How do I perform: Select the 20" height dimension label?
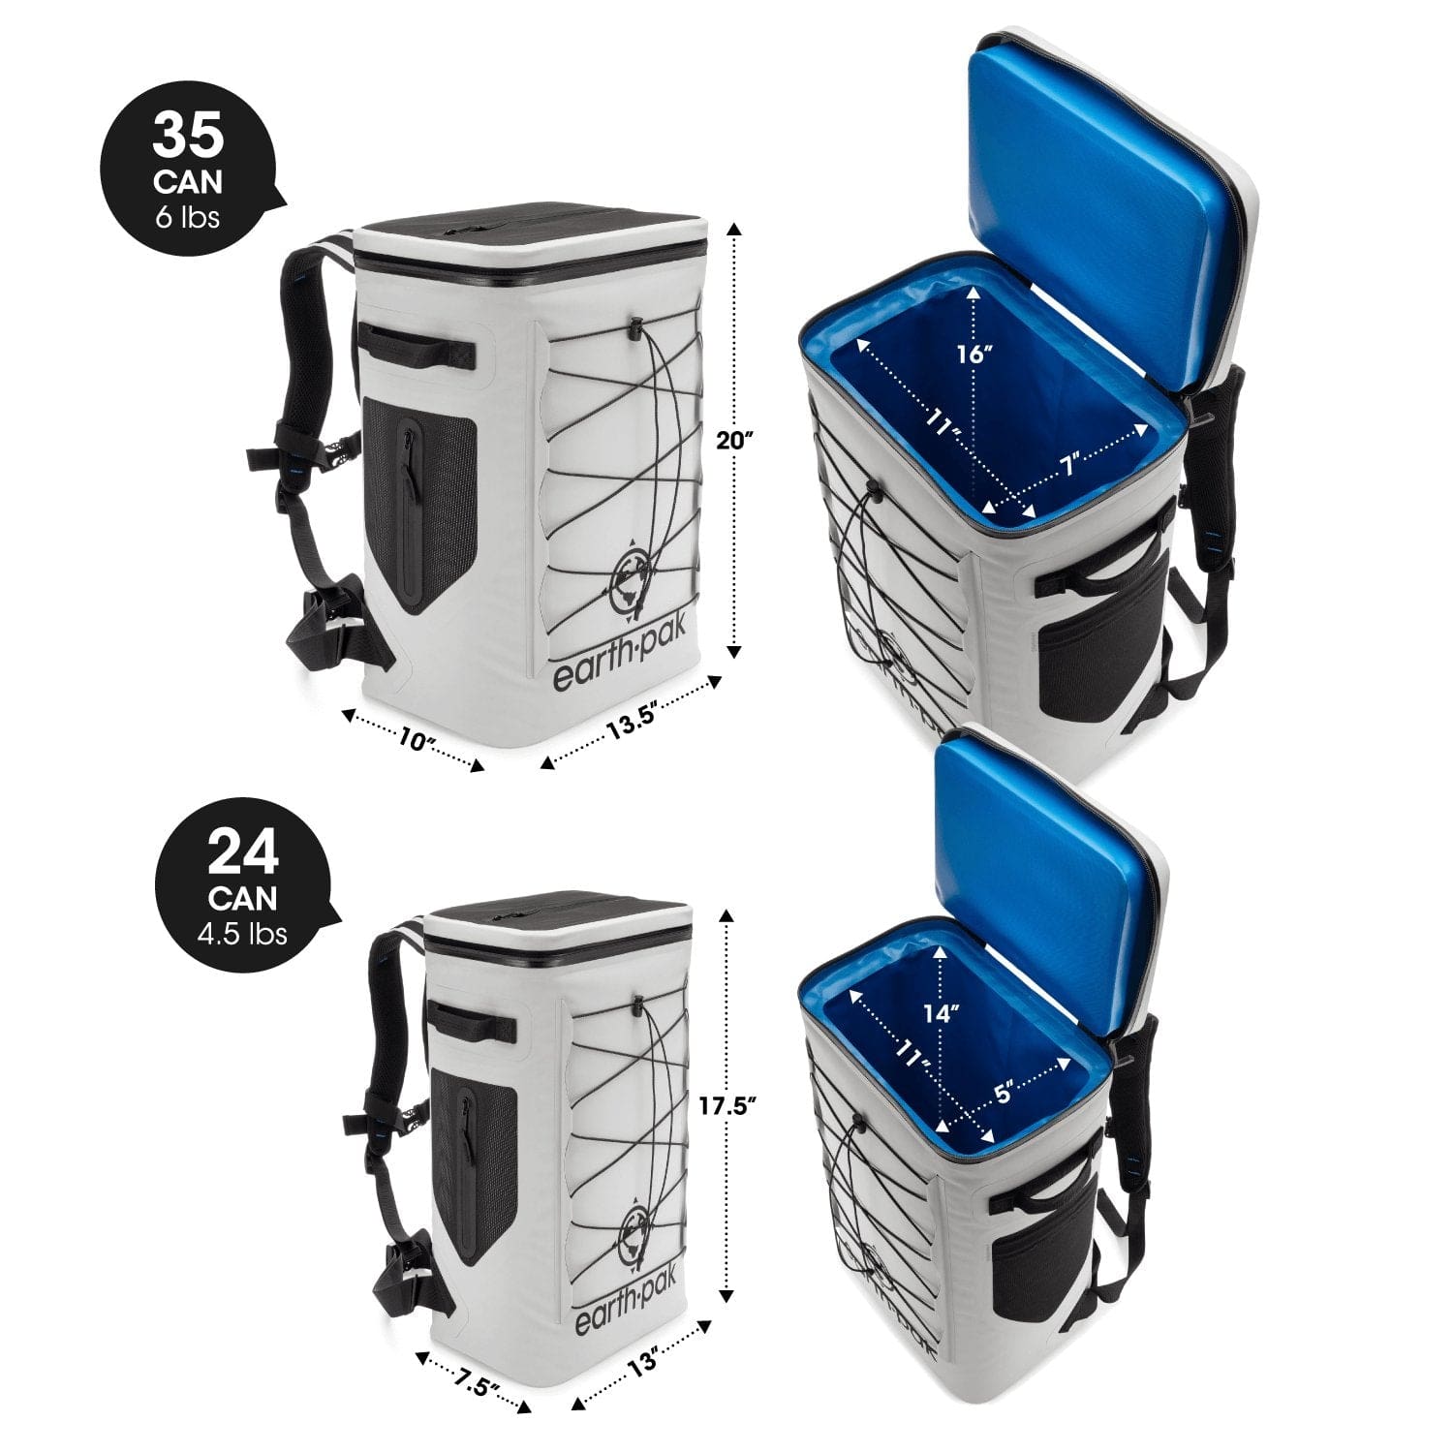(733, 439)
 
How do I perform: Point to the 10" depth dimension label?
(416, 742)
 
